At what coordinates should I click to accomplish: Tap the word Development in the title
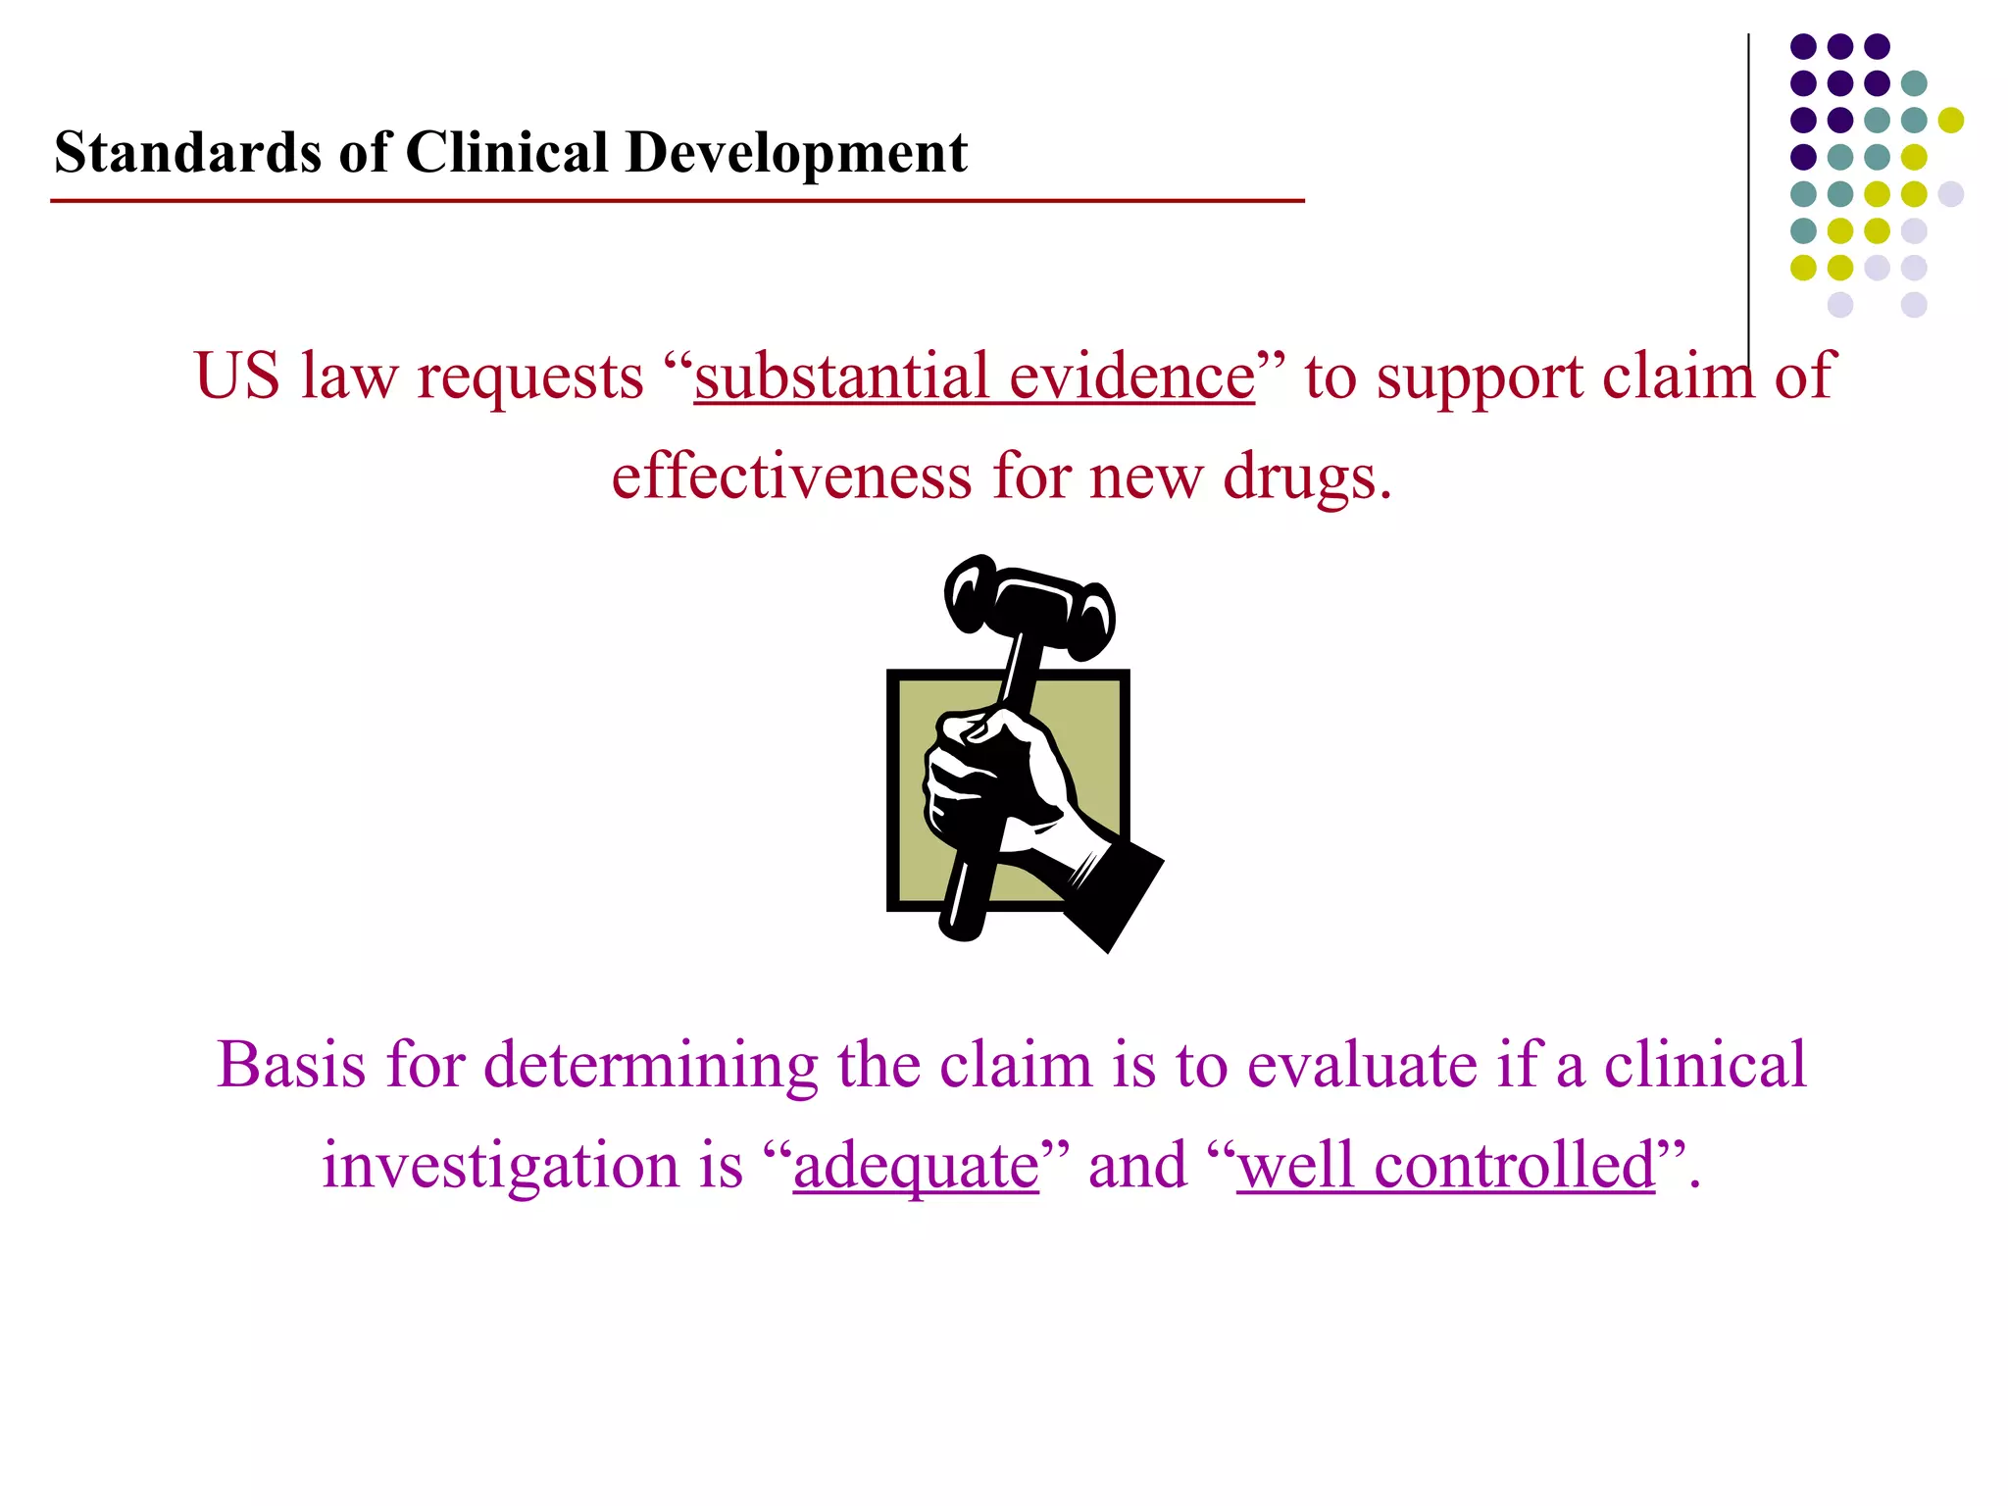click(x=796, y=153)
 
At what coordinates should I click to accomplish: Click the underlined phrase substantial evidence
click(x=974, y=376)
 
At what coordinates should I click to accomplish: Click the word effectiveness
click(x=791, y=477)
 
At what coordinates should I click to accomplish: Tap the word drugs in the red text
click(x=1304, y=477)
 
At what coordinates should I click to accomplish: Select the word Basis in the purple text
click(x=291, y=1066)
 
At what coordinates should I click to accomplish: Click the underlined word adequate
click(x=916, y=1167)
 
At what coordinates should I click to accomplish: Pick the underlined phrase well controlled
click(x=1445, y=1167)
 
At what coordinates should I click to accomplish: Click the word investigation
click(x=500, y=1167)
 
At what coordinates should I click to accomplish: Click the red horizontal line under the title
click(x=677, y=201)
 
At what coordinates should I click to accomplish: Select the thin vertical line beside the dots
click(x=1748, y=196)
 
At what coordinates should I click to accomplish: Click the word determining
click(x=651, y=1066)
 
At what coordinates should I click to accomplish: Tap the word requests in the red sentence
click(x=529, y=376)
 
